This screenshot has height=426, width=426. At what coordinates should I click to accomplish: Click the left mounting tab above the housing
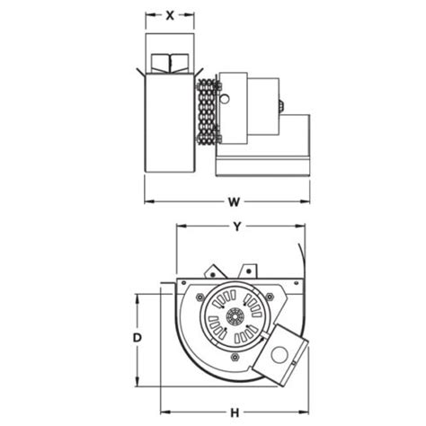(x=212, y=270)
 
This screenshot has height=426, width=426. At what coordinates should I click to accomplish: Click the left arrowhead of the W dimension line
(x=149, y=200)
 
